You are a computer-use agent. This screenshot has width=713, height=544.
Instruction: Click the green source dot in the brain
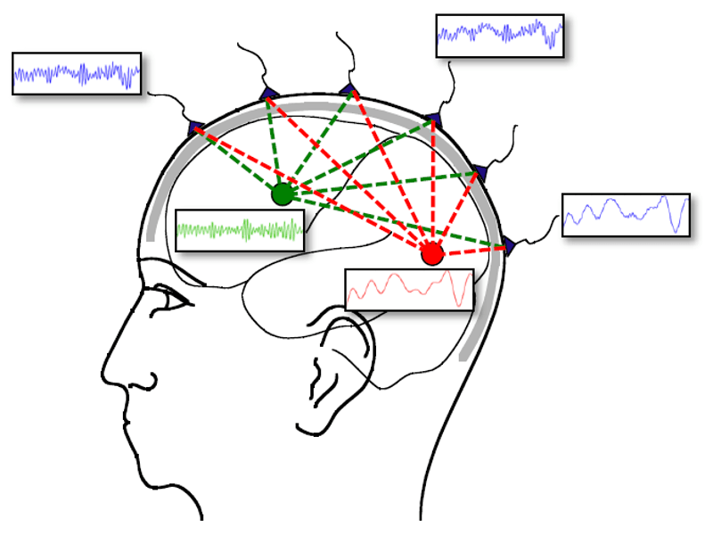point(282,194)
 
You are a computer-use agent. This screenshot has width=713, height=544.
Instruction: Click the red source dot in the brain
point(432,254)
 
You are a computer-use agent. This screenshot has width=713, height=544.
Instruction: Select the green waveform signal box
point(240,230)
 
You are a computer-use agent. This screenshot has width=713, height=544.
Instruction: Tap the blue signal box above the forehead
point(78,73)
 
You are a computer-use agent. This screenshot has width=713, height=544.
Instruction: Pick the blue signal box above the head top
point(500,36)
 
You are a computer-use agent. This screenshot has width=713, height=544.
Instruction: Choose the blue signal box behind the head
point(626,214)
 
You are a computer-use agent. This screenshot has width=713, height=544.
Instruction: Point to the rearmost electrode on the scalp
point(508,245)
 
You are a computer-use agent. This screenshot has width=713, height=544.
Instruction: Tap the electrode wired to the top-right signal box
point(432,119)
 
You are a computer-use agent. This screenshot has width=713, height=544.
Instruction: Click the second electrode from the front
point(267,94)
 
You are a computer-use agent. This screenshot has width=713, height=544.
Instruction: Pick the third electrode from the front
point(348,88)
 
